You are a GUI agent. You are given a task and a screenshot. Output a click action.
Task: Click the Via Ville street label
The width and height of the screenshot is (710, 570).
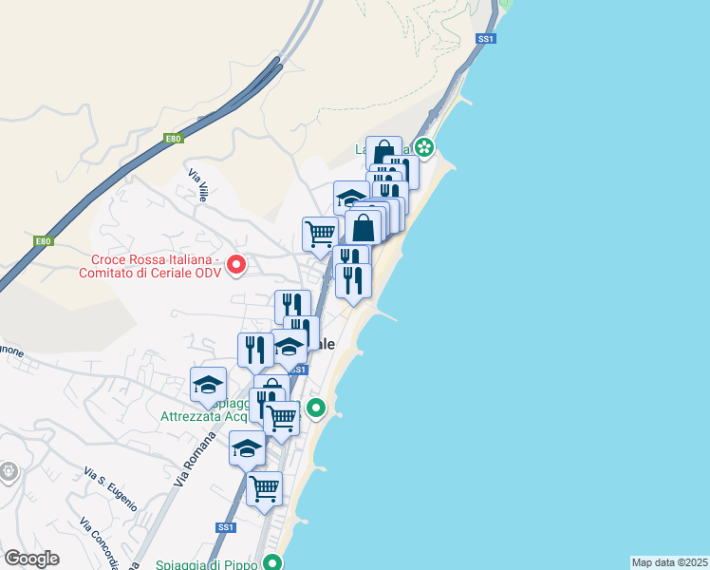pos(198,185)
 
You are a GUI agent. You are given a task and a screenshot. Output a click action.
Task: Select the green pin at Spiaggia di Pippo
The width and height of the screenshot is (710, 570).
pos(273,562)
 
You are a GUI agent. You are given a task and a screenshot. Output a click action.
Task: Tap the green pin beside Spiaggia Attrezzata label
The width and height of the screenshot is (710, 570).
pos(317,409)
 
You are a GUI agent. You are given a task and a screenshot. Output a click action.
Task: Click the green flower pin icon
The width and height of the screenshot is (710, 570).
pos(424,147)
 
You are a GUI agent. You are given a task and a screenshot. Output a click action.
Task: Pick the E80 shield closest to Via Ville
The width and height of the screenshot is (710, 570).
pos(172,139)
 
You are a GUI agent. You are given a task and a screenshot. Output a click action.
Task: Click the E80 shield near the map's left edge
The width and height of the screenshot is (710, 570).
pos(44,241)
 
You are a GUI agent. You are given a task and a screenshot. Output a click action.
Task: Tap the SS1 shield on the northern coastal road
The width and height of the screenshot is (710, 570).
pos(486,39)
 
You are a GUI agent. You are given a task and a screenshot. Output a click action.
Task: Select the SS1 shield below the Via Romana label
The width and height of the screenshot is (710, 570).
pos(225,526)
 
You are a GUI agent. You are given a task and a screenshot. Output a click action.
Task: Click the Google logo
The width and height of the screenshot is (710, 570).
pos(31,559)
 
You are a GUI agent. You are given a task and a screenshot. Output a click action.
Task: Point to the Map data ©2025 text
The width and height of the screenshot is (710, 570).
pos(669,562)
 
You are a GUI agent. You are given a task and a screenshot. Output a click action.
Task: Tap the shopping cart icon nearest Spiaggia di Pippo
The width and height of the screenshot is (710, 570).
pos(265,488)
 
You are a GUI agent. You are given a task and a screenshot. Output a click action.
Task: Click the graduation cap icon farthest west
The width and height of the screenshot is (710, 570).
pos(208,384)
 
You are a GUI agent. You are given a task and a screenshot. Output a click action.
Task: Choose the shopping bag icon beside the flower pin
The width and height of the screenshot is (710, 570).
pos(383,153)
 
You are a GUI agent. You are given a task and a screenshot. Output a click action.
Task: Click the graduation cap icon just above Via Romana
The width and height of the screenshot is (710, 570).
pos(247,446)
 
